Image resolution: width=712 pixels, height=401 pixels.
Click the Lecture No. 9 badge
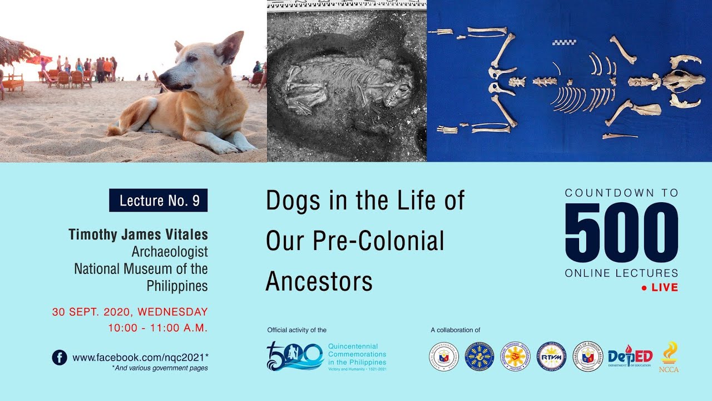coord(159,200)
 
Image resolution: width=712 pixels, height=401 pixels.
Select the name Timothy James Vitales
coord(138,234)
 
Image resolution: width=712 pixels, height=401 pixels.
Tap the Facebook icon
coord(60,357)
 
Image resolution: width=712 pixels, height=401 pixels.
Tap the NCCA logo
coord(669,357)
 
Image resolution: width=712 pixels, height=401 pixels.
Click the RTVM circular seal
coord(551,356)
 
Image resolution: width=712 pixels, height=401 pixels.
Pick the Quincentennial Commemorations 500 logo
coord(295,356)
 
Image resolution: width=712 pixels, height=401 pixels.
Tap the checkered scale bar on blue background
coord(564,42)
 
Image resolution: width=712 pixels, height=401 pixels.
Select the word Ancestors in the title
coord(319,281)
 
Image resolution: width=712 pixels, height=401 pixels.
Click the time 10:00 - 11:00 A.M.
coord(158,328)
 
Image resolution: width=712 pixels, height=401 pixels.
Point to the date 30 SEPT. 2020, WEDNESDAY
coord(130,312)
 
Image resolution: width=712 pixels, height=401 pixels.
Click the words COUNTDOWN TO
coord(621,193)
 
